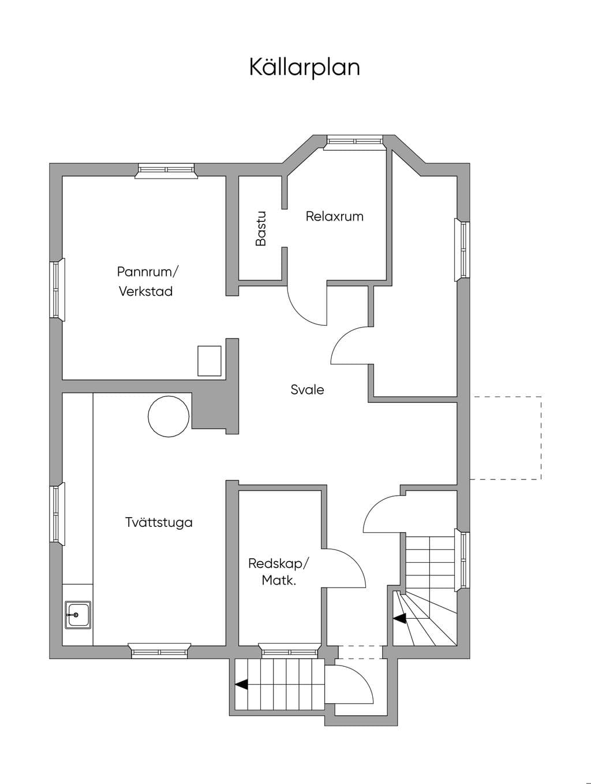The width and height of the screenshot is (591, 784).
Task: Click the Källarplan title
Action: [304, 68]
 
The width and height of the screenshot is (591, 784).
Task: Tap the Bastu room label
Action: [261, 229]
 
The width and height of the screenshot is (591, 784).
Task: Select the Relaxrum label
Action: [335, 217]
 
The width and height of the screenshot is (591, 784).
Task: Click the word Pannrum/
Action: [147, 272]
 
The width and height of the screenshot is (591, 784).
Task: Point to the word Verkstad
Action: [145, 291]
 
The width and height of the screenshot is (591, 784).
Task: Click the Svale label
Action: [307, 389]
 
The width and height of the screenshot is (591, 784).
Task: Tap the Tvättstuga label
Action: [159, 522]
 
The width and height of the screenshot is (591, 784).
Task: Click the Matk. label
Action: [279, 581]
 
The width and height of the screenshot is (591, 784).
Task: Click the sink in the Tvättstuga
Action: [78, 615]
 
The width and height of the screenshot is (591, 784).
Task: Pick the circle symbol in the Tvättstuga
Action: [169, 417]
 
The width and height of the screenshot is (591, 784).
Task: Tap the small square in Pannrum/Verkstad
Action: [210, 361]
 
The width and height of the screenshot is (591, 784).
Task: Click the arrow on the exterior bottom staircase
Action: [241, 685]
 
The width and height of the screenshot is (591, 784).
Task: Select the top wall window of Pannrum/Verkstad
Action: [166, 170]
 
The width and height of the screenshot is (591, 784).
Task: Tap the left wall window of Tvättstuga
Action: [57, 514]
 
